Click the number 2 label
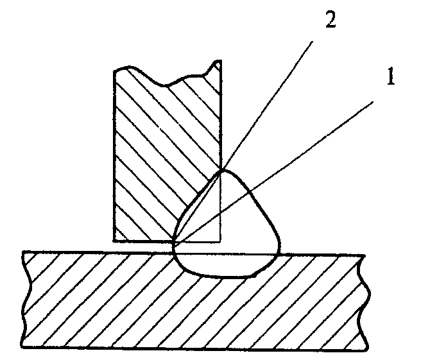coord(331,20)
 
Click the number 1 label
coord(391,76)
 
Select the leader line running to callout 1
coord(274,171)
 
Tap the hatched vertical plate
coord(161,150)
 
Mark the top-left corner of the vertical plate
coord(114,71)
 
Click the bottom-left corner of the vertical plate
coord(114,241)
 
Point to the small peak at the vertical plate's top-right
coord(218,61)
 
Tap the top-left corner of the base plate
coord(23,252)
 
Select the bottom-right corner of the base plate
coord(366,350)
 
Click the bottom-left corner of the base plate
coord(21,348)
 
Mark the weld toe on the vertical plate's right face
coord(222,169)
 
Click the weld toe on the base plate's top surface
coord(279,254)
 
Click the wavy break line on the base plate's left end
coord(27,299)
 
